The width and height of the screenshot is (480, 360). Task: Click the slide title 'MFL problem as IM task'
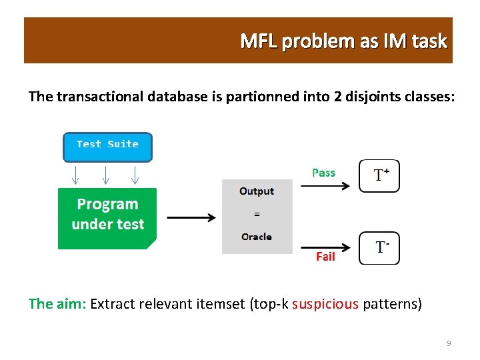coord(343,41)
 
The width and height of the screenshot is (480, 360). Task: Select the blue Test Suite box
coord(107,146)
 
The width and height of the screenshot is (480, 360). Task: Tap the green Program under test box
coord(107,215)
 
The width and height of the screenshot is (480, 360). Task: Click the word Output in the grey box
coord(257,191)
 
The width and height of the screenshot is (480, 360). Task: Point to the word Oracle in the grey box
coord(257,237)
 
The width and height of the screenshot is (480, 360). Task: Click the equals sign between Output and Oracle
coord(257,214)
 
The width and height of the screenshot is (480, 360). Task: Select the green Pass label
coord(323,173)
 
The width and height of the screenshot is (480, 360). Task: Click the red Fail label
coord(325,257)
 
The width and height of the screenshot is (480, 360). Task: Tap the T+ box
coord(380,175)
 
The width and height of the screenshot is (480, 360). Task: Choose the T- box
coord(380,248)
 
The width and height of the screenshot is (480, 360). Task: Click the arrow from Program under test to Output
coord(191,217)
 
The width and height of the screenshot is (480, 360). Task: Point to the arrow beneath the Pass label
coord(326,187)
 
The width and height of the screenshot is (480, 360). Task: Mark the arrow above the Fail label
coord(326,243)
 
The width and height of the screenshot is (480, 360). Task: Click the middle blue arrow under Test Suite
coord(105,175)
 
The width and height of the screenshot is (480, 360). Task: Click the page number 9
coord(448,343)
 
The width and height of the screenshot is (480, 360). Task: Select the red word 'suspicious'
coord(325,305)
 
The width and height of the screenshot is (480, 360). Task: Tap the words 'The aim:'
coord(57,305)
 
